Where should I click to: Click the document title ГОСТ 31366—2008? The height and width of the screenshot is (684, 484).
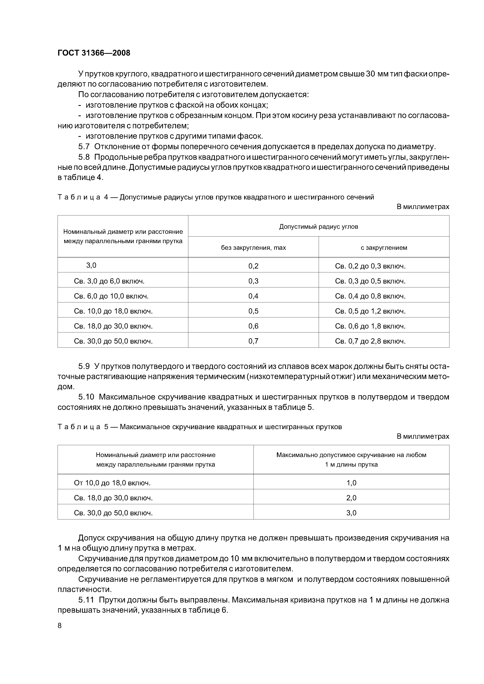[94, 53]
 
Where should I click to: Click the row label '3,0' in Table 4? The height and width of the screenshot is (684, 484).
[91, 265]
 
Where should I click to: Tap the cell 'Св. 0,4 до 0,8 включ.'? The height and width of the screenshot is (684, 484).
[370, 296]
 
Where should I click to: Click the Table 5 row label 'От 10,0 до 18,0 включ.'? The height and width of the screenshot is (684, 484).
[112, 483]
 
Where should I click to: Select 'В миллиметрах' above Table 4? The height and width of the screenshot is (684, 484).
[423, 206]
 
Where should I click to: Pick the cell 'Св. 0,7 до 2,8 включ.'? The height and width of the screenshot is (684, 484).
[370, 341]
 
